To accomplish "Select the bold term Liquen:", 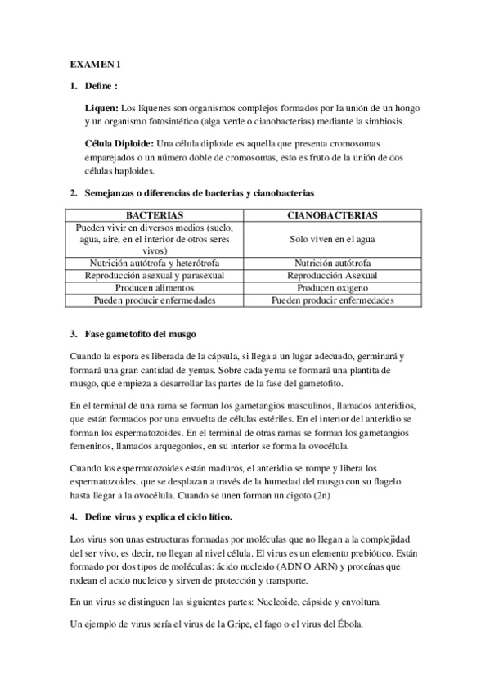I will pyautogui.click(x=101, y=108).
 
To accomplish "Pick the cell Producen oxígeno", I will pyautogui.click(x=332, y=288).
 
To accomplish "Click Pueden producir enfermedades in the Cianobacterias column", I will pyautogui.click(x=332, y=300).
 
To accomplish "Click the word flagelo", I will pyautogui.click(x=400, y=482).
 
